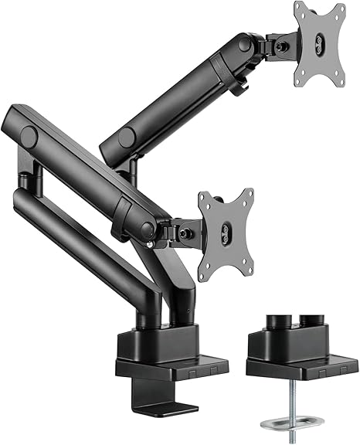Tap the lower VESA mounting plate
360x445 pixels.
225,230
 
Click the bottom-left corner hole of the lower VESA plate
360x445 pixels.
205,268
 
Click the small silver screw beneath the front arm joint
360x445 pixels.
150,246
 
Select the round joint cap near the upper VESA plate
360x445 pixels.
245,45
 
